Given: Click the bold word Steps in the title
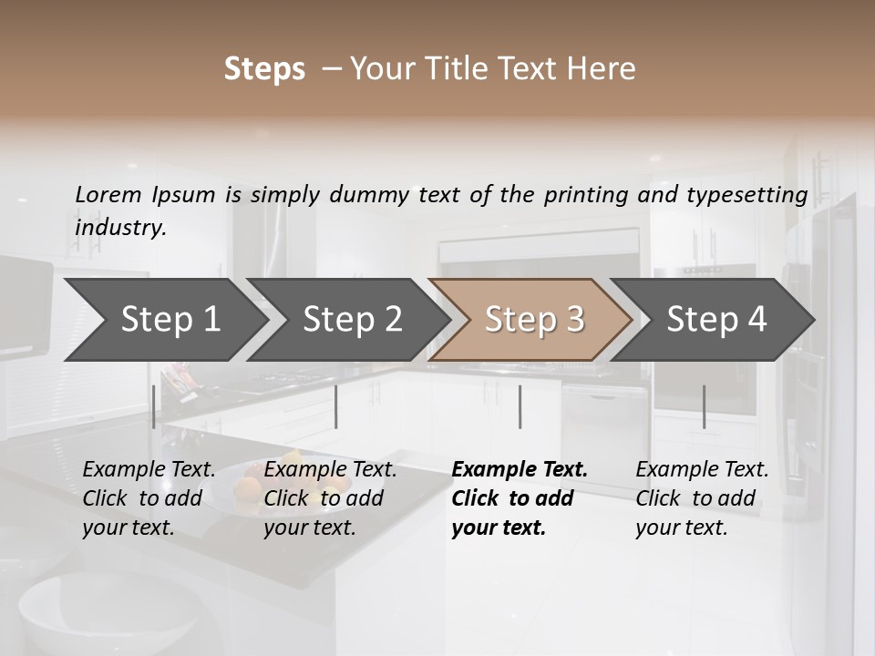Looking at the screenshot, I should [264, 69].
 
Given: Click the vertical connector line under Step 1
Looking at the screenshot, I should [154, 406].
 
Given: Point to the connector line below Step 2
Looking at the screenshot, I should [337, 406].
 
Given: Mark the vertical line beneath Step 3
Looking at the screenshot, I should [520, 406].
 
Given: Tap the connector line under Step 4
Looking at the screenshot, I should [705, 406].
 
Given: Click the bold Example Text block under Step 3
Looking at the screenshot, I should [519, 498].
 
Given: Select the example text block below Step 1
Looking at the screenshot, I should [149, 498].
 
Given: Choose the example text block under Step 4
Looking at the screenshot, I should [702, 498].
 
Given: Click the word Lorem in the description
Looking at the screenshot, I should [108, 194].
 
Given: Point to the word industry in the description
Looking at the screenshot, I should [119, 227].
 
